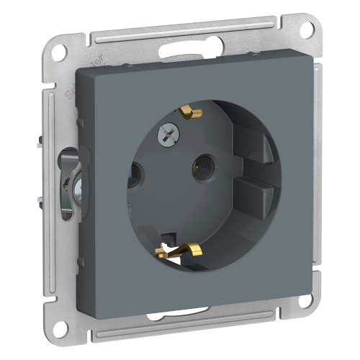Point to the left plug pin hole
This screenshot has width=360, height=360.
coord(133,174)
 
